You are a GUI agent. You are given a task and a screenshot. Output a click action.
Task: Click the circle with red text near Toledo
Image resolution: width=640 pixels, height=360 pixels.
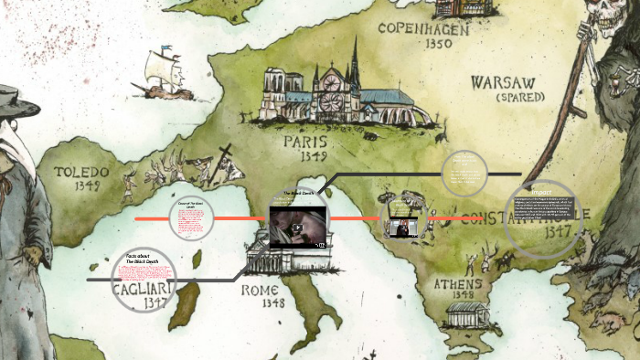190,219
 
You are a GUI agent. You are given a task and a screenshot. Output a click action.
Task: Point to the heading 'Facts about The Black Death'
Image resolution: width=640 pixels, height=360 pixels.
143,258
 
